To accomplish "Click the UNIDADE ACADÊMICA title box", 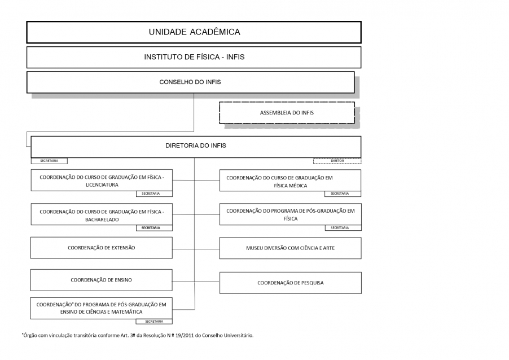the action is click(x=194, y=32).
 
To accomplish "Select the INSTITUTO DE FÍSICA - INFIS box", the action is click(x=194, y=57).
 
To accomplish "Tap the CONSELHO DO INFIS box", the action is click(x=191, y=82).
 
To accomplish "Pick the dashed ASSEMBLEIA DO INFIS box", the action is click(x=287, y=113).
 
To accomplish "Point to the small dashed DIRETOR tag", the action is click(x=337, y=161).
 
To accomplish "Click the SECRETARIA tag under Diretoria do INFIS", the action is click(x=49, y=161).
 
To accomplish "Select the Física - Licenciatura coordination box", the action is click(x=102, y=180).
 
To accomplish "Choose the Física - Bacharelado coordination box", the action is click(x=102, y=214).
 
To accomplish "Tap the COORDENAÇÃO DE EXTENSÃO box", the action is click(x=101, y=248).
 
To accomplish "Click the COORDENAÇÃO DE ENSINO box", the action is click(x=101, y=280).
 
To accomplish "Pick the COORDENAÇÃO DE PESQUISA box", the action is click(x=291, y=283).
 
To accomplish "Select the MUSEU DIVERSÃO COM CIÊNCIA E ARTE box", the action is click(x=291, y=248).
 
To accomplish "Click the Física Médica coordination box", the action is click(x=290, y=181).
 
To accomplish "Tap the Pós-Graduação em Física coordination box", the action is click(x=291, y=214).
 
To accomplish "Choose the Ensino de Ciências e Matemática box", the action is click(x=101, y=308).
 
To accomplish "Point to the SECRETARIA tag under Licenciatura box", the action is click(x=154, y=194).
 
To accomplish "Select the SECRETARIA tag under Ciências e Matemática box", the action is click(x=154, y=322).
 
